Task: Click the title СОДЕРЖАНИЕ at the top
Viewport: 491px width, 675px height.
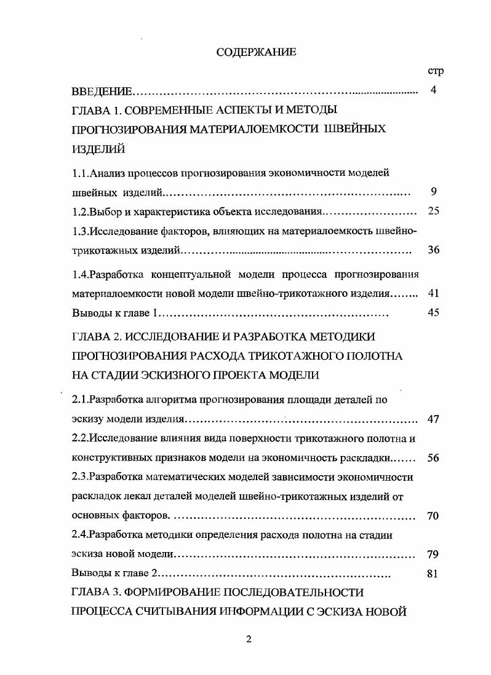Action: pos(256,52)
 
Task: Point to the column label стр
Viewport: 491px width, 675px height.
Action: pos(436,71)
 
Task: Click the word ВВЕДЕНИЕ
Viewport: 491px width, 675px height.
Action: pos(102,92)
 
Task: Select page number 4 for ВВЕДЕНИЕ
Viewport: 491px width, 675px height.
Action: pos(433,91)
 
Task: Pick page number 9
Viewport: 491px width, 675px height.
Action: pos(434,192)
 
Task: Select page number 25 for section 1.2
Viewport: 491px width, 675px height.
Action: pos(433,211)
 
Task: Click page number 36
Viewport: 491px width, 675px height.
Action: pos(433,250)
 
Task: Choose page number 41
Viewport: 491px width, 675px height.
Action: pos(433,293)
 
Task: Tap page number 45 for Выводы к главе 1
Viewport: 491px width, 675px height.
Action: pos(433,312)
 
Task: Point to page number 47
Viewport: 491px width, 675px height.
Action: pos(433,420)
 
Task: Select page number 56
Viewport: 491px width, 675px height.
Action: pos(433,459)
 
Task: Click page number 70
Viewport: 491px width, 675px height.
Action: pos(433,516)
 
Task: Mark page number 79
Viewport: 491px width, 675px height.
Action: pos(433,555)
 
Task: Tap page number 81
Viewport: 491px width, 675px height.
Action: pos(432,574)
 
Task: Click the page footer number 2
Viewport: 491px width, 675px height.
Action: pos(249,639)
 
